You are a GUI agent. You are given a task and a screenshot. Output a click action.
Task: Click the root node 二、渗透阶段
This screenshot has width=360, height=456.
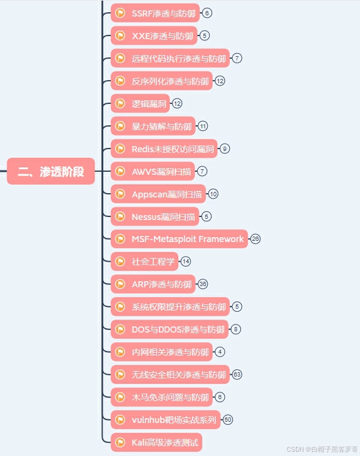pyautogui.click(x=51, y=171)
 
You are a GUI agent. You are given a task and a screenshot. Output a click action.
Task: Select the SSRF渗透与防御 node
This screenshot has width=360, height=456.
pyautogui.click(x=155, y=13)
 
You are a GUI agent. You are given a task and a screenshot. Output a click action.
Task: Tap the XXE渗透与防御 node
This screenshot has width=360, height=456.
pyautogui.click(x=154, y=35)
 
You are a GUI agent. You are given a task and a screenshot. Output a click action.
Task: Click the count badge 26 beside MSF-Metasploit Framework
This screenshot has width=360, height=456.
pyautogui.click(x=255, y=239)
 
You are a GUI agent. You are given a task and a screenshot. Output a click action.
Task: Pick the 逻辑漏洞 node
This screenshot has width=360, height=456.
pyautogui.click(x=140, y=103)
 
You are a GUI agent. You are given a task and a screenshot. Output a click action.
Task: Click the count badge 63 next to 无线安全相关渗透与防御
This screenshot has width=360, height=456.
pyautogui.click(x=237, y=375)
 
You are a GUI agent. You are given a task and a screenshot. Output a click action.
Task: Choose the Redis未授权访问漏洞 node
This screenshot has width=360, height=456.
pyautogui.click(x=164, y=149)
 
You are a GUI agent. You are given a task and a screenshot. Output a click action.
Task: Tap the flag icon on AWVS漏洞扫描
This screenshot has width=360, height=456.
pyautogui.click(x=120, y=171)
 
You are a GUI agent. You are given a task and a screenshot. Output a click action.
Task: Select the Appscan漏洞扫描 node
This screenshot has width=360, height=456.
pyautogui.click(x=158, y=194)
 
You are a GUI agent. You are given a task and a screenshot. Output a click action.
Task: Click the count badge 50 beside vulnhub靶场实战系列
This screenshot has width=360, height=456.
pyautogui.click(x=228, y=420)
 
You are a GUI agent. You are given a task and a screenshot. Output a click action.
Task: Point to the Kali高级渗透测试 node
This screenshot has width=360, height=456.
pyautogui.click(x=156, y=443)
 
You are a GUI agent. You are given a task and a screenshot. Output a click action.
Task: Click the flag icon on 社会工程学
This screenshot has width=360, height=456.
pyautogui.click(x=120, y=262)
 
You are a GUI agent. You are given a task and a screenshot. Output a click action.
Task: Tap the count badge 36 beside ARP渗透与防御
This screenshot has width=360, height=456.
pyautogui.click(x=203, y=284)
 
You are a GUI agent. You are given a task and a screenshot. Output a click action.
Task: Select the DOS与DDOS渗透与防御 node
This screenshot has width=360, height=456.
pyautogui.click(x=169, y=329)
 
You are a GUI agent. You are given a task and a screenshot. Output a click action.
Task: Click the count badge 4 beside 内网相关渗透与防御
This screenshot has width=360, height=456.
pyautogui.click(x=220, y=352)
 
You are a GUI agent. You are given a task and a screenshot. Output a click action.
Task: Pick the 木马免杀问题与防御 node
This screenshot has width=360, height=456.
pyautogui.click(x=162, y=397)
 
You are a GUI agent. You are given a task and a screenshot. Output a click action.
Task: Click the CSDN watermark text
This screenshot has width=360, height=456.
pyautogui.click(x=322, y=449)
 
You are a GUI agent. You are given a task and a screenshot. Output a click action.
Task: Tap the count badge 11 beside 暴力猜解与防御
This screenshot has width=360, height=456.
pyautogui.click(x=203, y=126)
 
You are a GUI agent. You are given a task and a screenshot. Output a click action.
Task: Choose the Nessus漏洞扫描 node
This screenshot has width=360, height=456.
pyautogui.click(x=155, y=216)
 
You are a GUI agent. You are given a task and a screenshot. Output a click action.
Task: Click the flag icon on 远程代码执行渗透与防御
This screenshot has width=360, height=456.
pyautogui.click(x=120, y=58)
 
